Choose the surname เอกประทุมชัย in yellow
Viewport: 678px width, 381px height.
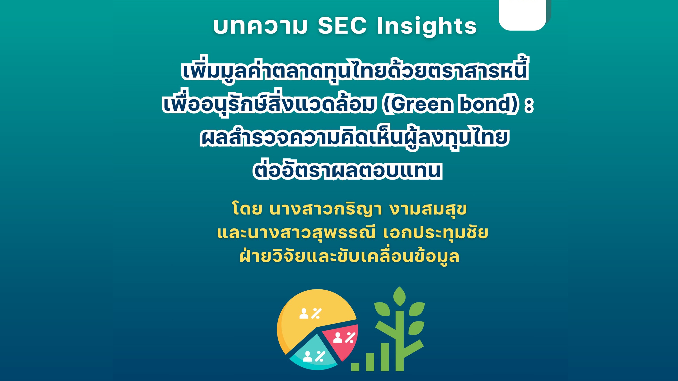(x=436, y=233)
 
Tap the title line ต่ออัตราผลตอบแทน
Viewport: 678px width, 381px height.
(x=347, y=170)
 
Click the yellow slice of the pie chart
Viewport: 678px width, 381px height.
(x=311, y=320)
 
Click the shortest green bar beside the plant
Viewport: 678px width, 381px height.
(x=355, y=367)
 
